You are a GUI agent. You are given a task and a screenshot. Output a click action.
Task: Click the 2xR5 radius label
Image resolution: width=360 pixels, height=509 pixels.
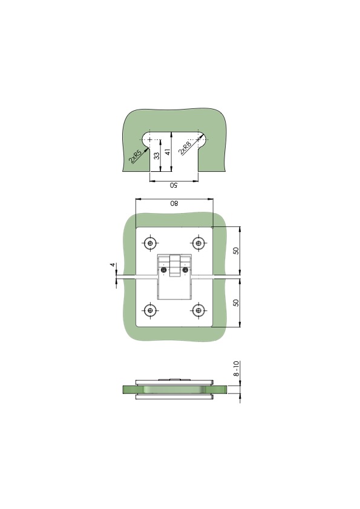point(135,156)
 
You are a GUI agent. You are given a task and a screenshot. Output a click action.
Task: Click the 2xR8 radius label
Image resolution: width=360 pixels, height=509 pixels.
point(185,148)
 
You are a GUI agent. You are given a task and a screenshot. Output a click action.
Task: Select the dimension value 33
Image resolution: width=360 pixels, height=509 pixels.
point(157,156)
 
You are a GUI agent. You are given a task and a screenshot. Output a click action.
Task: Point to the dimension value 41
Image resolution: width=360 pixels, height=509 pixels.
point(168,151)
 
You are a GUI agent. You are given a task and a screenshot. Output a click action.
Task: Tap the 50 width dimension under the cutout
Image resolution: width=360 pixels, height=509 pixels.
point(174,185)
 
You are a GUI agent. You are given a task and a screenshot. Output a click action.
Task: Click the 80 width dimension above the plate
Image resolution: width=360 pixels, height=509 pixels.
point(174,203)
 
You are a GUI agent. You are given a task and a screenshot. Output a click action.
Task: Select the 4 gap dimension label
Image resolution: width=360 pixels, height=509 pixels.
point(113,265)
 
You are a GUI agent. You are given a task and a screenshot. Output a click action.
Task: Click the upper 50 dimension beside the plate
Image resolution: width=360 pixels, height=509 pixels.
point(236,251)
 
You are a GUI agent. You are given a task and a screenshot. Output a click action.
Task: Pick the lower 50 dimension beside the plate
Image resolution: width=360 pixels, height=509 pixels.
point(236,302)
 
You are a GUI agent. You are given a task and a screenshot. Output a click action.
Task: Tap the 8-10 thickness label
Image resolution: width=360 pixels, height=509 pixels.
point(237,369)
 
